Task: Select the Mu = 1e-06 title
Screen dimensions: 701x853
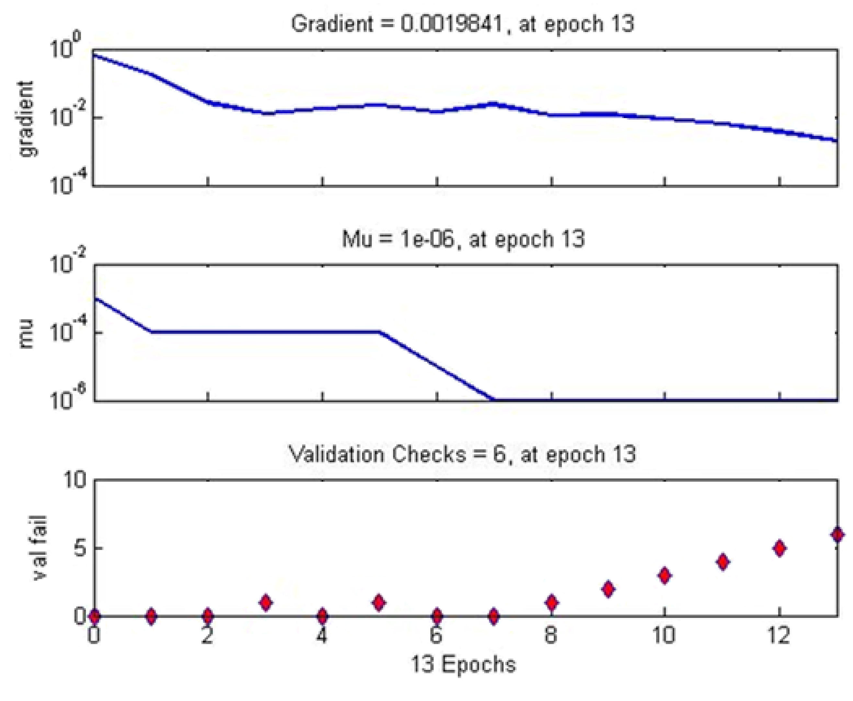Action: (x=463, y=239)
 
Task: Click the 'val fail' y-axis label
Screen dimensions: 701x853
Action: (x=39, y=548)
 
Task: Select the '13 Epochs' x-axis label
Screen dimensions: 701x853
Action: (x=463, y=664)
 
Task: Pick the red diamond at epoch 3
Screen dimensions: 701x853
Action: (x=265, y=602)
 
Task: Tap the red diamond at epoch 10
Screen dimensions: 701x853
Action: (x=665, y=575)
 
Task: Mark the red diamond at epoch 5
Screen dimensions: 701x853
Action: (x=379, y=602)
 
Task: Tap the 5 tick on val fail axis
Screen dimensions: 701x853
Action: (x=81, y=548)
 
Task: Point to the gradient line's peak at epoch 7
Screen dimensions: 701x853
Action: (x=493, y=104)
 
